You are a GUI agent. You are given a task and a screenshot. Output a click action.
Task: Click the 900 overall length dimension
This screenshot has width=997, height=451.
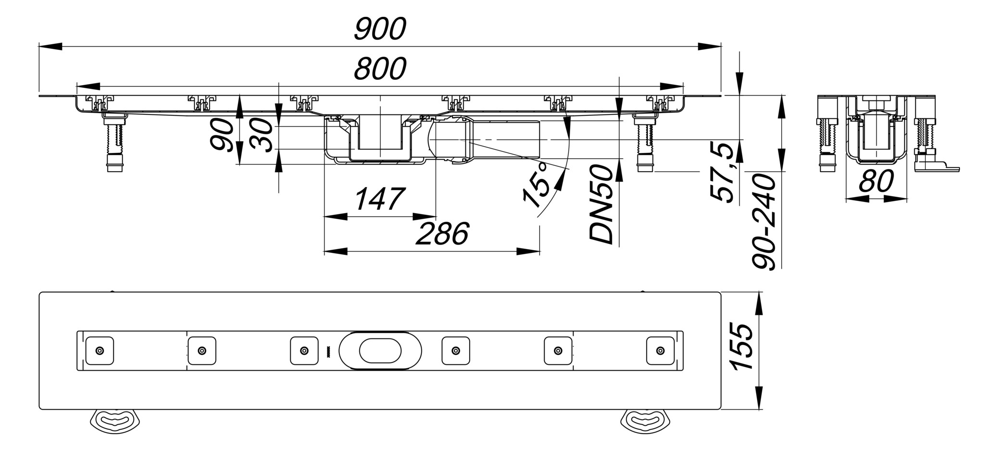coord(380,29)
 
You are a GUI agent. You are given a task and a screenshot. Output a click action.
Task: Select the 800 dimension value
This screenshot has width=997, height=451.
coord(380,69)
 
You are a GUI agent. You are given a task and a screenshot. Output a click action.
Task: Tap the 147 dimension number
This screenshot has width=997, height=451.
coord(379,199)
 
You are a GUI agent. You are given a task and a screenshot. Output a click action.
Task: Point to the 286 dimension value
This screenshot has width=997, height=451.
coord(441,234)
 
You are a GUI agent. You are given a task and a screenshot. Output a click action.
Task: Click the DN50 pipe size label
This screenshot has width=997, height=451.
coord(602,204)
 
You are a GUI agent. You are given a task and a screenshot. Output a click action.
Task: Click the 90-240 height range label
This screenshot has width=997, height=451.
coord(764,222)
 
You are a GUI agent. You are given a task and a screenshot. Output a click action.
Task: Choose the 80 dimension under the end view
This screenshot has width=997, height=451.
coord(876,181)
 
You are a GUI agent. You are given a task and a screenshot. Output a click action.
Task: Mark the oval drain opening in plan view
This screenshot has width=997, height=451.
coord(380,351)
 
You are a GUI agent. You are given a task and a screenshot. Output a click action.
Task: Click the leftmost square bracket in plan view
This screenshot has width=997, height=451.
coord(100,351)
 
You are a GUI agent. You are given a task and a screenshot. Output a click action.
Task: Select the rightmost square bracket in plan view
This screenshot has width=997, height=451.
coord(661,351)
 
